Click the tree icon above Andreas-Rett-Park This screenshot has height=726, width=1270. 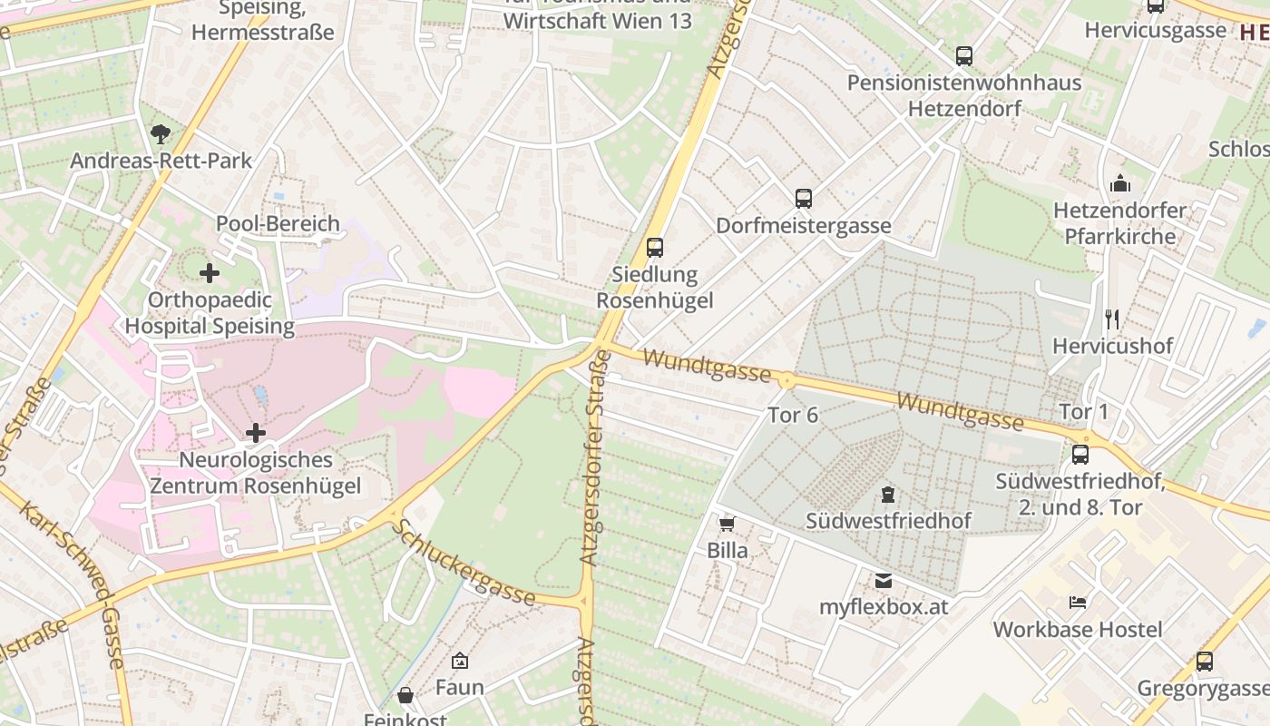tap(161, 134)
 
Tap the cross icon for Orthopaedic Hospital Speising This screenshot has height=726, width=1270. tap(210, 272)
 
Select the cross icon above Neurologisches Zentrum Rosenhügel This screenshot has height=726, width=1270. tap(256, 433)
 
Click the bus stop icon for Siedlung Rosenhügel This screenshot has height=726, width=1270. tap(655, 247)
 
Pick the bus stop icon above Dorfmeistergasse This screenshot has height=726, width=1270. tap(804, 198)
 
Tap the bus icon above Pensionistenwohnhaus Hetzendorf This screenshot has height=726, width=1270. tap(964, 56)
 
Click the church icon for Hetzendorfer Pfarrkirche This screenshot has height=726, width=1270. tap(1120, 183)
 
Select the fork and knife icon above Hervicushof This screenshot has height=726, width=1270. tap(1113, 319)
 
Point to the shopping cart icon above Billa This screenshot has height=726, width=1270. tap(727, 524)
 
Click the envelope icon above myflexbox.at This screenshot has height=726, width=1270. tap(884, 581)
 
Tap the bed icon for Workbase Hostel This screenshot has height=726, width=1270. tap(1078, 602)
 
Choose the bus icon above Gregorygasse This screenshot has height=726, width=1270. tap(1205, 662)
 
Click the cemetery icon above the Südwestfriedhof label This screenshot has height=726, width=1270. tap(887, 495)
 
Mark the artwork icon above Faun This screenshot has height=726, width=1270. tap(460, 661)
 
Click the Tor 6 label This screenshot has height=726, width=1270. tap(793, 415)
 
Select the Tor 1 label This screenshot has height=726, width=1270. tap(1084, 411)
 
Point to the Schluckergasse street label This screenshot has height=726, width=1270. tap(464, 563)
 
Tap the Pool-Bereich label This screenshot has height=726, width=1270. tap(278, 223)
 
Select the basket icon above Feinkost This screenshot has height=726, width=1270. tap(405, 696)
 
